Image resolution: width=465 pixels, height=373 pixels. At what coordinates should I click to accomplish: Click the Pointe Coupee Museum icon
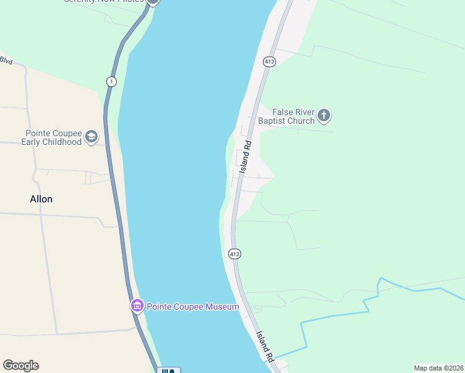(x=137, y=305)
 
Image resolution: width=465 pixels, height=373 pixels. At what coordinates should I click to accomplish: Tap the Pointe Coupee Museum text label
(x=193, y=306)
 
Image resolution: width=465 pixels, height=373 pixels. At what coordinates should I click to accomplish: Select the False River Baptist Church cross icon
(x=323, y=115)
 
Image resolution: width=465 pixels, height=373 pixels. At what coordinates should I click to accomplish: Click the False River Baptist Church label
(x=287, y=116)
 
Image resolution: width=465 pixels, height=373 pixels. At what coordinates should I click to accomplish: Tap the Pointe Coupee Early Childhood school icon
(x=91, y=137)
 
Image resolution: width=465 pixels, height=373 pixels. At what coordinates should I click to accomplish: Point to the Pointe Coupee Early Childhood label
(x=53, y=137)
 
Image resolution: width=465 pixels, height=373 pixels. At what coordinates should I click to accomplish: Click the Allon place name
(x=41, y=199)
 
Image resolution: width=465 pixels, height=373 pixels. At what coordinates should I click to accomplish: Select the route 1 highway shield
(x=111, y=81)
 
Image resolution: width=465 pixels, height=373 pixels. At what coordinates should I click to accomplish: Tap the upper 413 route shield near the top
(x=269, y=62)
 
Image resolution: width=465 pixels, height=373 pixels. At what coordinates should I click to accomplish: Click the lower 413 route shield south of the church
(x=234, y=254)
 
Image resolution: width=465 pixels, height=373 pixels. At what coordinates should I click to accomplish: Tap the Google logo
(x=21, y=366)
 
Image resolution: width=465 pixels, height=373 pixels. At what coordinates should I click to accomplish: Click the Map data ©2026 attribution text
(x=438, y=368)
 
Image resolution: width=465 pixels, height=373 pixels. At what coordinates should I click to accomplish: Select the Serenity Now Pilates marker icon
(x=153, y=2)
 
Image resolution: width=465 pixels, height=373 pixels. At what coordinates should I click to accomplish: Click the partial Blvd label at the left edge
(x=6, y=60)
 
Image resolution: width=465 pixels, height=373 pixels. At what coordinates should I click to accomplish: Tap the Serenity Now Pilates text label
(x=103, y=1)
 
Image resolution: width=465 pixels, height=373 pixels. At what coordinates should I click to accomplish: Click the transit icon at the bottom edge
(x=168, y=371)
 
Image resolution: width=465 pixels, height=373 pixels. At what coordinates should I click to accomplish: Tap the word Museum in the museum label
(x=221, y=306)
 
